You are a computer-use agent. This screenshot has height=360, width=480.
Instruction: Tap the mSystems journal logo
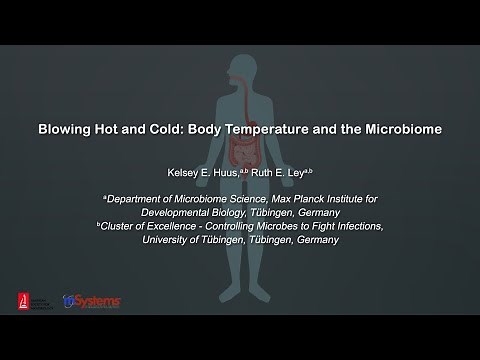pos(92,301)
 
